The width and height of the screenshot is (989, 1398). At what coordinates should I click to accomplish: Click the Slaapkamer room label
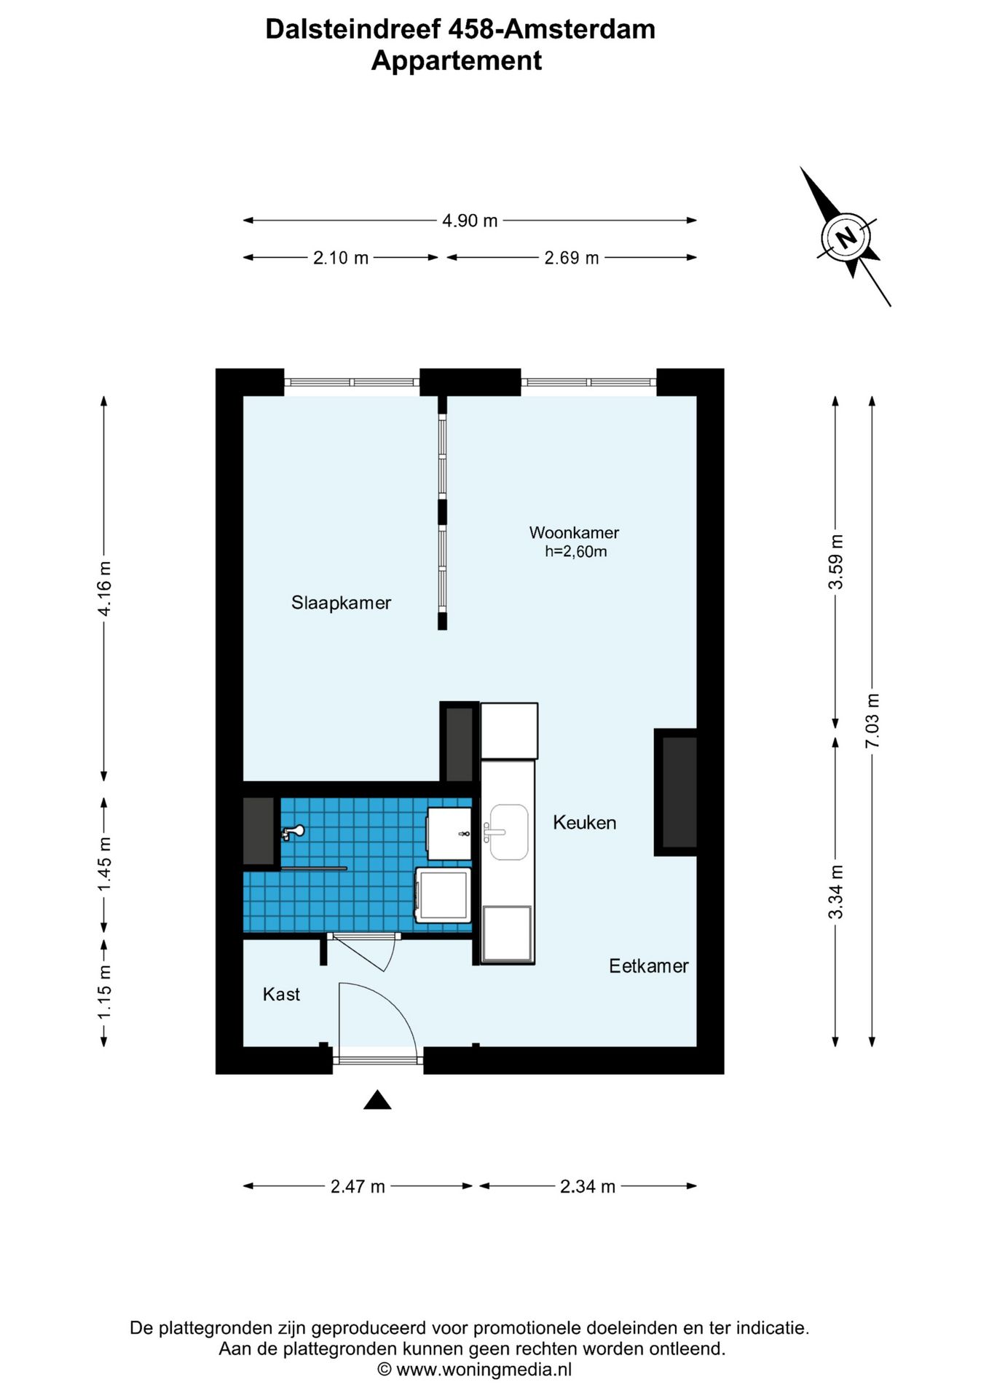[x=341, y=603]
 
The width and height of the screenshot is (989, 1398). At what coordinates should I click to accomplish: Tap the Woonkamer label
[x=574, y=532]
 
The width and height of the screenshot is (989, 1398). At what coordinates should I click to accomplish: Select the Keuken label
[x=584, y=823]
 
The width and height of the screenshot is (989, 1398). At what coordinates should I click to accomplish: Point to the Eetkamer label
[x=648, y=966]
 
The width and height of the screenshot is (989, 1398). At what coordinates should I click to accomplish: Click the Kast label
[x=281, y=995]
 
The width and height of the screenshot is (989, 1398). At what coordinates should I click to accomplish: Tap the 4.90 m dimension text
[x=470, y=221]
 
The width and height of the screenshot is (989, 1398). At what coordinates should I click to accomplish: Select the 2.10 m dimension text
[x=341, y=258]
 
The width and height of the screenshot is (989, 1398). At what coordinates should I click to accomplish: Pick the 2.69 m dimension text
[x=572, y=258]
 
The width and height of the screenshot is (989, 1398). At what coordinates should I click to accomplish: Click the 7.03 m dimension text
[x=872, y=721]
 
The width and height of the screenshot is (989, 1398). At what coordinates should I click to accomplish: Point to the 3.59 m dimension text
[x=836, y=562]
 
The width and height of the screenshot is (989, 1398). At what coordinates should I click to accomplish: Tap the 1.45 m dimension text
[x=105, y=864]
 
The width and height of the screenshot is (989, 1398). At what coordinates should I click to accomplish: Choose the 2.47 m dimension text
[x=358, y=1187]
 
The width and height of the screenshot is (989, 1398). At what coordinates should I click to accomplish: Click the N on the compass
[x=846, y=237]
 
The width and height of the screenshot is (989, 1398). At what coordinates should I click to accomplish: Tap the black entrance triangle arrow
[x=377, y=1100]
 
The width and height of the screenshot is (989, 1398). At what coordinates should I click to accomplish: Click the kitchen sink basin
[x=509, y=832]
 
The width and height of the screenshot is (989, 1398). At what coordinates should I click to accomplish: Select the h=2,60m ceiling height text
[x=575, y=552]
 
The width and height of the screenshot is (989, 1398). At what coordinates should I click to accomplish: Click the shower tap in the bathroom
[x=293, y=832]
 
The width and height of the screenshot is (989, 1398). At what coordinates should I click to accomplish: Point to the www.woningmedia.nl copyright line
[x=475, y=1370]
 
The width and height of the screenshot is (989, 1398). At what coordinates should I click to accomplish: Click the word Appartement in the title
[x=457, y=61]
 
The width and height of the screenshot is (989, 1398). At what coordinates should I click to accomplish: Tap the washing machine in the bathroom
[x=443, y=894]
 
